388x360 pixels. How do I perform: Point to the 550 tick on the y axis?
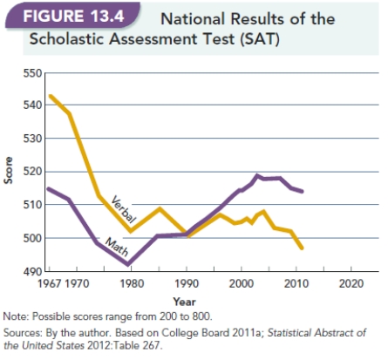point(32,72)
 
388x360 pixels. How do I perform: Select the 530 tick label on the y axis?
point(32,139)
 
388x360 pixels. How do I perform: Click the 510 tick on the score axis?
point(32,205)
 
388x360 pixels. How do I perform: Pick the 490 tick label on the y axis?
point(32,271)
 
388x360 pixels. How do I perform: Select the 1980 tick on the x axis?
point(128,284)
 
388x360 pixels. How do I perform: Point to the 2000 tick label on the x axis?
point(239,284)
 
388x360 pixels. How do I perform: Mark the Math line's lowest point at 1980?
point(128,264)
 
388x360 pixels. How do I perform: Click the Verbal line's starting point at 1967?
point(51,96)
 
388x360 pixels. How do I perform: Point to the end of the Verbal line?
point(302,249)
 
